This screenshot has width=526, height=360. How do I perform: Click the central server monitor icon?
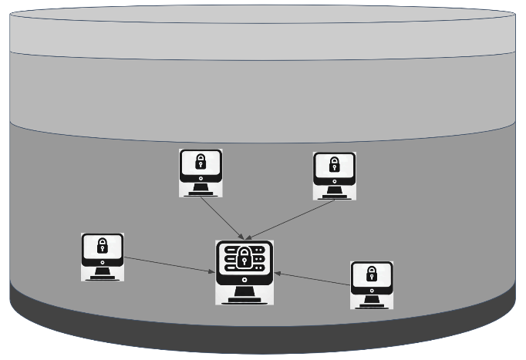point(244,272)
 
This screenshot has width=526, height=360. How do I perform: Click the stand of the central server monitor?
point(244,296)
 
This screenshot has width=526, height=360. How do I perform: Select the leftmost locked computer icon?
point(103,257)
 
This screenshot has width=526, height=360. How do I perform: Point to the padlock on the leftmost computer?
point(103,246)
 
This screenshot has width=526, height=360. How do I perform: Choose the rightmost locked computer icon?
point(372,284)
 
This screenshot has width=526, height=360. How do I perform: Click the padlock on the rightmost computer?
point(372,274)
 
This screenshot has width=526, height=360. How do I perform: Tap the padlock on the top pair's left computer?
point(201,162)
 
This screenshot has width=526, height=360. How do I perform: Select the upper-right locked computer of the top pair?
point(334,175)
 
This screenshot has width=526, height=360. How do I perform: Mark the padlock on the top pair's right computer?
point(334,164)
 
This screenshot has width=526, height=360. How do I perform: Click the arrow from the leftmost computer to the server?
point(170,264)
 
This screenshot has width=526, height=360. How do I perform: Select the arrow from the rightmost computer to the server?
point(312,279)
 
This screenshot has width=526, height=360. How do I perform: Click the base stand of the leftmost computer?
point(103,276)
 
